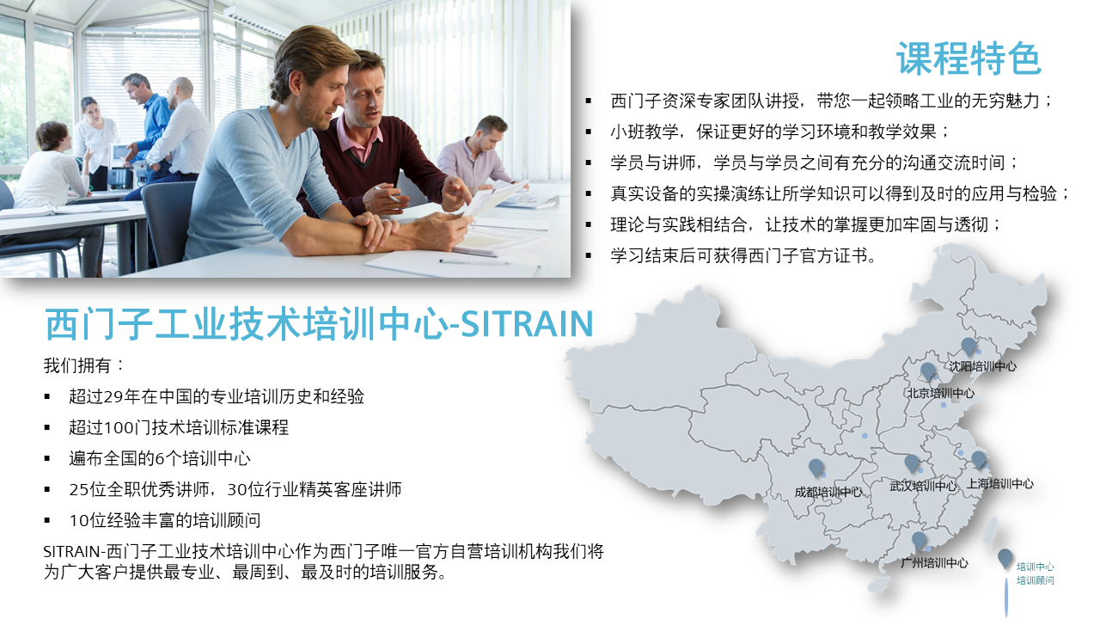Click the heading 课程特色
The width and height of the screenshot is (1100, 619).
969,58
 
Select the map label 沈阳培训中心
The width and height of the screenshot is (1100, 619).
982,366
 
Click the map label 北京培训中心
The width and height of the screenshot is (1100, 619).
940,393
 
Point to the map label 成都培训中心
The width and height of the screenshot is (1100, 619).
828,492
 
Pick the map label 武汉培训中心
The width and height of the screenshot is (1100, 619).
923,486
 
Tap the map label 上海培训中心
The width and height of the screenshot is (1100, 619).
999,484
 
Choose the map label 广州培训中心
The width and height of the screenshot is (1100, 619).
934,563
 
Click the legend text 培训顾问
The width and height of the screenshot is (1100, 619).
1036,580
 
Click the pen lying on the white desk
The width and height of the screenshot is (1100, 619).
474,262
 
